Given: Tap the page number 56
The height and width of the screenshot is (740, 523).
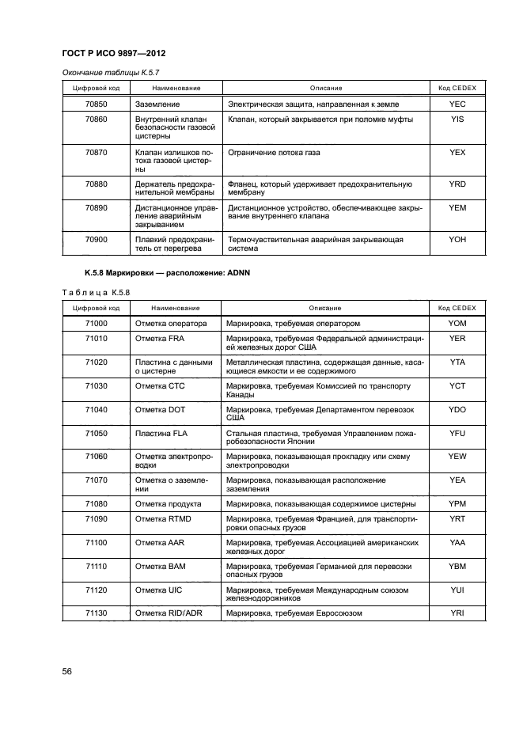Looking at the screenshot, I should point(68,671).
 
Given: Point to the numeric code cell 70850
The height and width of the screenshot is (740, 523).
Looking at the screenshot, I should point(96,104).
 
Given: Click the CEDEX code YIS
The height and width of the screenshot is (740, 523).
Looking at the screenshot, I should point(457,120).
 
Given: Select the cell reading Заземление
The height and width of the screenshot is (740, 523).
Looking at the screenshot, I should point(157,104).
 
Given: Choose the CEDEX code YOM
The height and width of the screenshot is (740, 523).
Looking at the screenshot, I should point(457,324).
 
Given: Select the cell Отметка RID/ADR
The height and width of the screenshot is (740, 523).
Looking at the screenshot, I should point(169,613).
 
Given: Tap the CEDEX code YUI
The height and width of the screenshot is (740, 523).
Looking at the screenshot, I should point(457,590).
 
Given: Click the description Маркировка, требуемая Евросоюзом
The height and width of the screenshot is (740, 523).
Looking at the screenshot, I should point(294,613).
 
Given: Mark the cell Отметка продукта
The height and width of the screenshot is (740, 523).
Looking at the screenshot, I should point(168,504).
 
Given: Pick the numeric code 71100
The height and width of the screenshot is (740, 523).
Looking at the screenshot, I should point(96,542).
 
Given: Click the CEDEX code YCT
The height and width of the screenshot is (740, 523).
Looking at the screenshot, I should point(457,385).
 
